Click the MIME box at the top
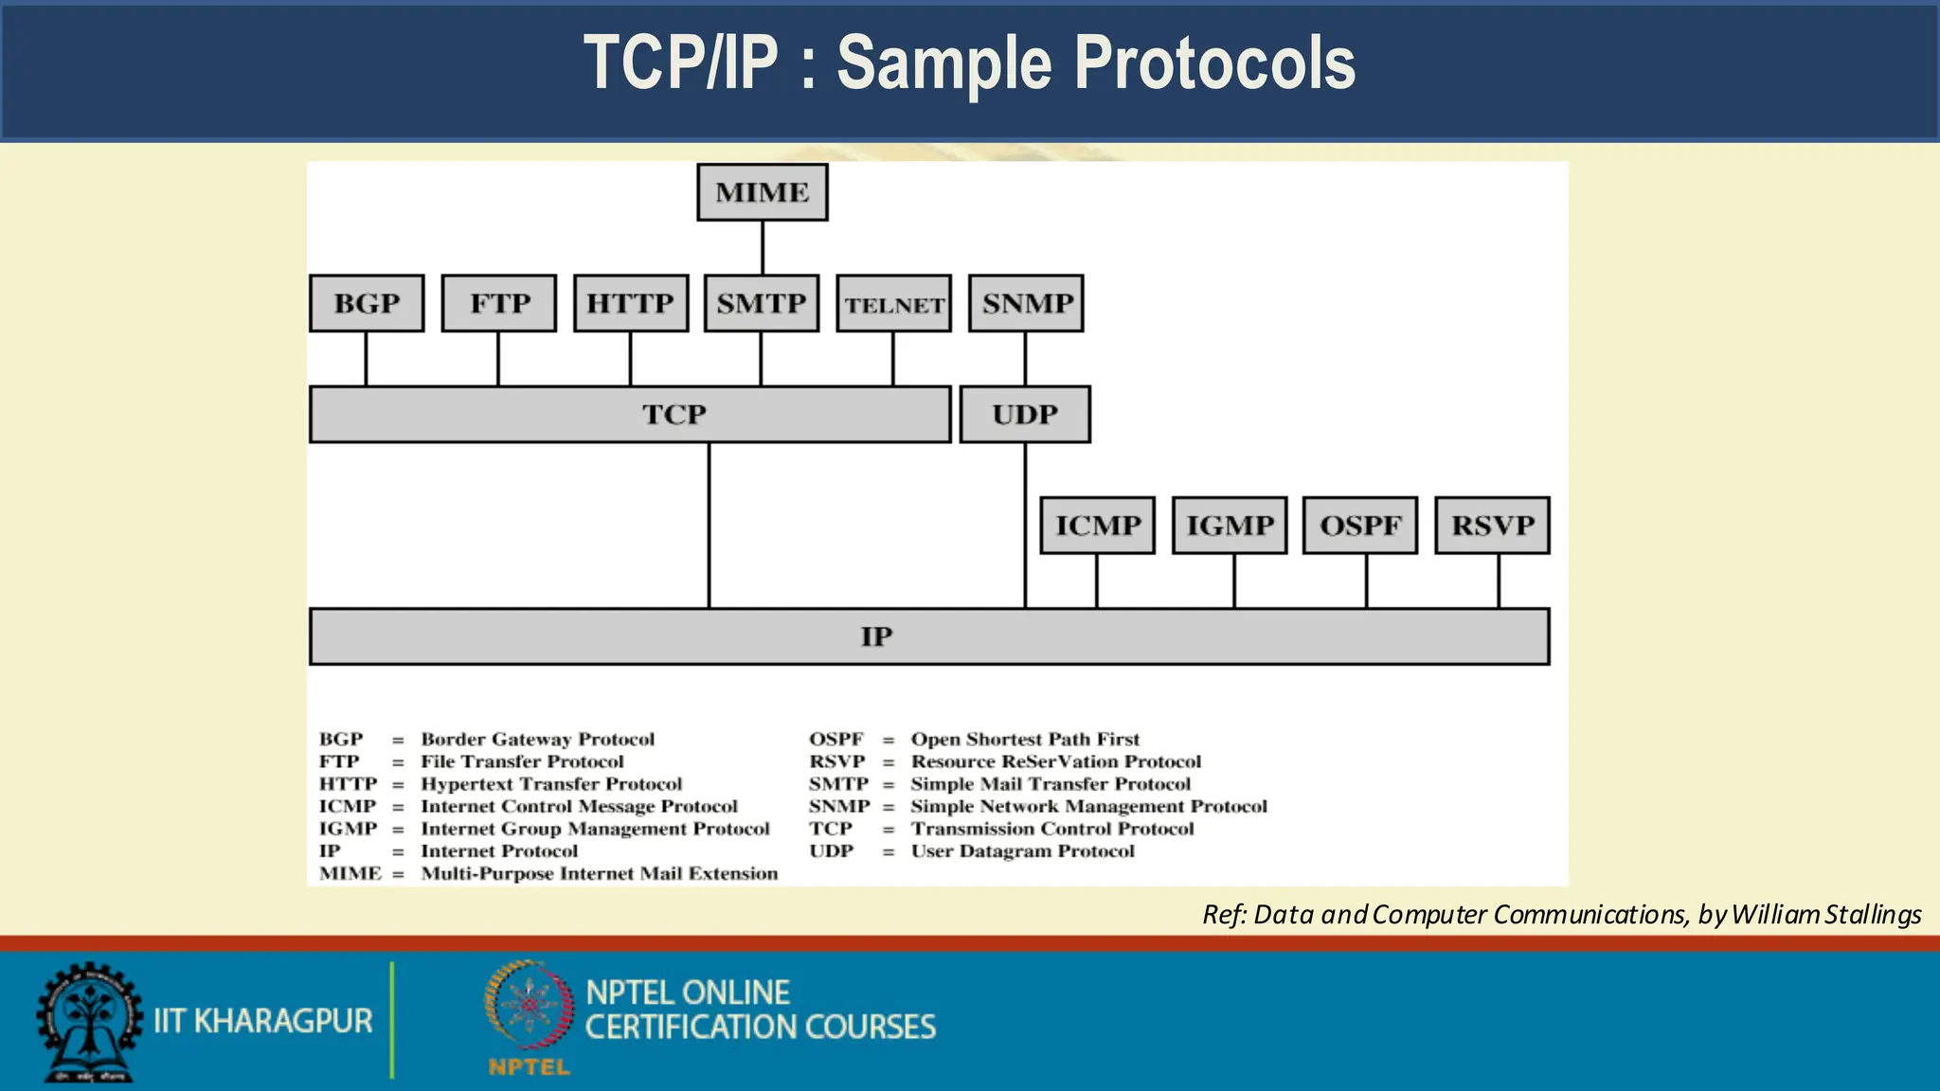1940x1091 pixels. point(762,192)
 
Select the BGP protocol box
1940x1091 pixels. point(367,303)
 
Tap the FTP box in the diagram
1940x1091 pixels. point(499,303)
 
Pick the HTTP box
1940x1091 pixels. point(631,303)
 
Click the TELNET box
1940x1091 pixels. point(893,304)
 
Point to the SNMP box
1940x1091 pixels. point(1026,303)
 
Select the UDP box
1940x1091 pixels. point(1025,414)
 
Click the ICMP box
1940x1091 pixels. point(1097,525)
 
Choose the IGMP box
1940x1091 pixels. point(1230,525)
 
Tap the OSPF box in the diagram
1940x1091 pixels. point(1360,525)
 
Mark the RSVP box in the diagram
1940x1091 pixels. point(1492,525)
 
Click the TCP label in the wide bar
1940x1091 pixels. point(674,414)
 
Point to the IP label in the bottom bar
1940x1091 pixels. point(876,636)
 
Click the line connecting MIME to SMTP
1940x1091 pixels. point(763,248)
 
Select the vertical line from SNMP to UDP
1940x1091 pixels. point(1025,359)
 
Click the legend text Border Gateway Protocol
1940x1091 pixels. point(537,739)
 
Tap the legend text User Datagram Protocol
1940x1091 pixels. point(1022,850)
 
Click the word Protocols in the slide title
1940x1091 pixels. point(1214,63)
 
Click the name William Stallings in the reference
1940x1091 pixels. point(1825,914)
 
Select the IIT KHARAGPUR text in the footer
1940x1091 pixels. point(263,1021)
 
